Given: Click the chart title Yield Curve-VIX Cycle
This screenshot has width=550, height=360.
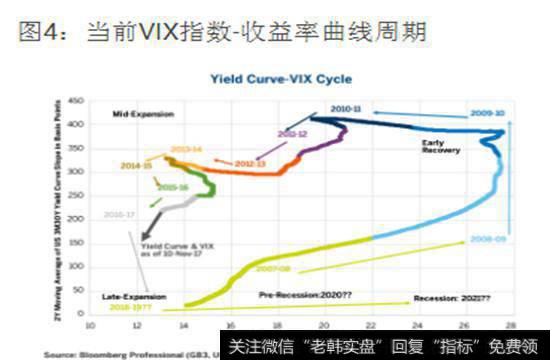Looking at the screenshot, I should click(x=285, y=77).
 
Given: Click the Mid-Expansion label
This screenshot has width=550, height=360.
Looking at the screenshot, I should click(x=136, y=116).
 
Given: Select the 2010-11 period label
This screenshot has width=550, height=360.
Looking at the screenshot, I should click(x=346, y=107).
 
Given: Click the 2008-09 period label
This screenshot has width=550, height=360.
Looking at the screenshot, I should click(x=486, y=240).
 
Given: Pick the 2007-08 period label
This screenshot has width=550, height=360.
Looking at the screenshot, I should click(x=273, y=268).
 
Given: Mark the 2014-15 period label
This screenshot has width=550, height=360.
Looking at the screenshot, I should click(x=136, y=165).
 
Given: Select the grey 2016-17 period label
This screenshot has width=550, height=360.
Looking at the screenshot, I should click(x=119, y=214).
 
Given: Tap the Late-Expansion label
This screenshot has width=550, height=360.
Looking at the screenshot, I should click(x=128, y=298).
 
